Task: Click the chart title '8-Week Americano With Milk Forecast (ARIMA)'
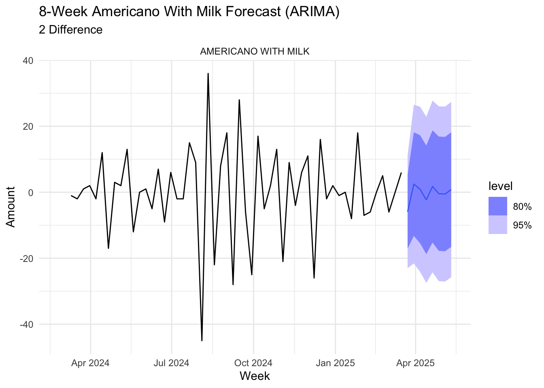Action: [x=189, y=12]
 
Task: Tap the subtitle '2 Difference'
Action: [x=71, y=30]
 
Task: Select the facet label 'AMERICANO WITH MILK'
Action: [x=255, y=52]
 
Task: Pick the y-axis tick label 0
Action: [x=30, y=192]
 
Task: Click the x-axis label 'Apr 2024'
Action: [x=90, y=363]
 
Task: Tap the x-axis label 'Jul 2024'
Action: [x=171, y=363]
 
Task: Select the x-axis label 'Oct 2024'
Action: [x=253, y=363]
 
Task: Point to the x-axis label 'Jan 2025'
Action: [x=335, y=363]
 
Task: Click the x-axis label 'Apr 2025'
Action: [x=415, y=363]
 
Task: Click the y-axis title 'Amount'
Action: [x=11, y=207]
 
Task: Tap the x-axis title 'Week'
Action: [x=255, y=376]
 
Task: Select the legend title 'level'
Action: [x=500, y=186]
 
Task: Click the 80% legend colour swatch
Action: [x=498, y=206]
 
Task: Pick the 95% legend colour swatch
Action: [x=498, y=225]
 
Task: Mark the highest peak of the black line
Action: [x=208, y=74]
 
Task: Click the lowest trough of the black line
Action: [x=202, y=341]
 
